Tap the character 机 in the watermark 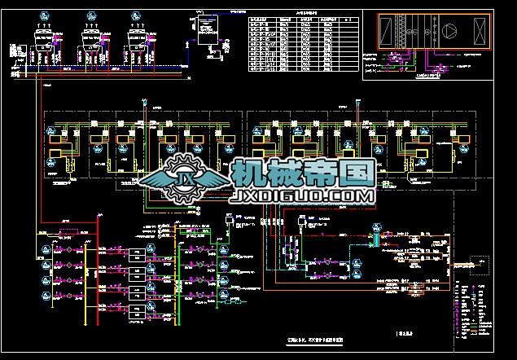point(250,173)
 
